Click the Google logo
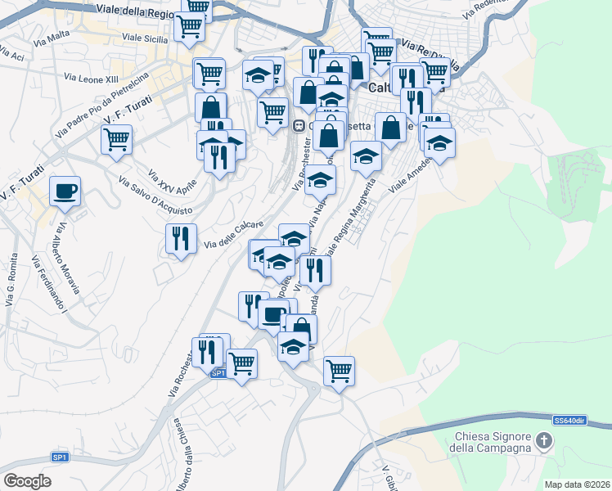tap(28, 481)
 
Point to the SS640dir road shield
tap(569, 420)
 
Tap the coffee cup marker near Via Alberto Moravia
tap(65, 191)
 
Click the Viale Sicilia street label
tap(143, 37)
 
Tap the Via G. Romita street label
tap(11, 279)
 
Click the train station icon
tap(299, 125)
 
